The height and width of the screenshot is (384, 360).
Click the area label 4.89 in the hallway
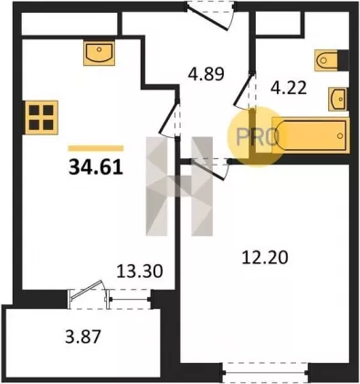206,74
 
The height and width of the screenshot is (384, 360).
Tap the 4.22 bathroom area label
289,89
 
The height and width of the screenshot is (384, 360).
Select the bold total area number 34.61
96,167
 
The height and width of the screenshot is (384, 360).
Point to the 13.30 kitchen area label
140,271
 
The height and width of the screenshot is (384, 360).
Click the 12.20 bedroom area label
265,258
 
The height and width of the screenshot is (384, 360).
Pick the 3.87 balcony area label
83,337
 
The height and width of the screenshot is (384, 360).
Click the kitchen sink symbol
100,53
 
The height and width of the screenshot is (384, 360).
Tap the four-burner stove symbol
41,117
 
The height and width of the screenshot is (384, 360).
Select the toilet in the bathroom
327,60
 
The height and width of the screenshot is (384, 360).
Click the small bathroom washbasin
337,99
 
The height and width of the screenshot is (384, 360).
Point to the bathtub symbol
310,135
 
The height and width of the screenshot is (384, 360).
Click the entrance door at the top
211,16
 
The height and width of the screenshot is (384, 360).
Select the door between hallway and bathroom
245,90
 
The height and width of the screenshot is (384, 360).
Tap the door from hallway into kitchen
170,118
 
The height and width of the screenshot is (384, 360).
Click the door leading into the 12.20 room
209,168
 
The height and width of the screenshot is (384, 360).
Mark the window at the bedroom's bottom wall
265,372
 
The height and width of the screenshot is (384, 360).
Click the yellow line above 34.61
96,148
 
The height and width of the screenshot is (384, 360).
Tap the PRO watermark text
258,136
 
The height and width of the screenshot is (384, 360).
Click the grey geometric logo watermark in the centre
179,187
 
